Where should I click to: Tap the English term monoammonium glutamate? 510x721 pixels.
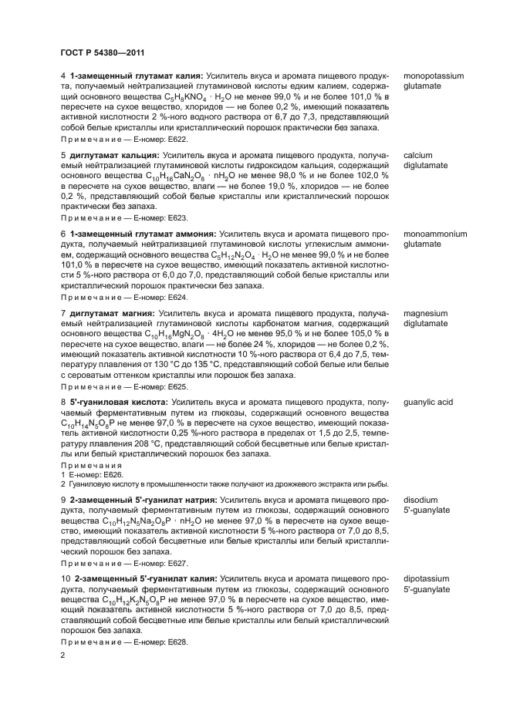(x=435, y=239)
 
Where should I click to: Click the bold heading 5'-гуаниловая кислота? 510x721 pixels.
(x=118, y=403)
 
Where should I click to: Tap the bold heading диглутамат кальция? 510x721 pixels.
(x=113, y=156)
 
